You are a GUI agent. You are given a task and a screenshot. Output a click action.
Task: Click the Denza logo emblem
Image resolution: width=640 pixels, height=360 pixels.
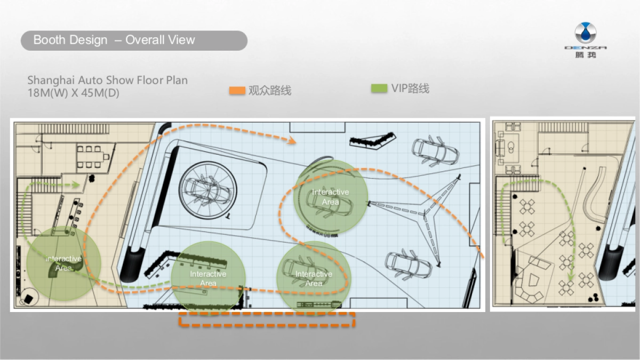click(x=586, y=33)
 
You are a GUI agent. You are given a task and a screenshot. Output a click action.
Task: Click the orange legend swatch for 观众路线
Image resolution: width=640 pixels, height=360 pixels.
click(x=237, y=91)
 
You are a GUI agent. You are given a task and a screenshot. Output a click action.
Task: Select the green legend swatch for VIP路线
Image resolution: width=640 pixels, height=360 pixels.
click(x=379, y=88)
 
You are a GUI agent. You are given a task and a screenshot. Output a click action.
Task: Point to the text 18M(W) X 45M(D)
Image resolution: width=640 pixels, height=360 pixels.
click(x=73, y=93)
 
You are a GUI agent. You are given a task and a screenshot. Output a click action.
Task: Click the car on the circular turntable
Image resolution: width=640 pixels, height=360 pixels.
click(x=207, y=190)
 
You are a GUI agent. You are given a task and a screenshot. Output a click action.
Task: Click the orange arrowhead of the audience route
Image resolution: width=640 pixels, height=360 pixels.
click(x=292, y=140)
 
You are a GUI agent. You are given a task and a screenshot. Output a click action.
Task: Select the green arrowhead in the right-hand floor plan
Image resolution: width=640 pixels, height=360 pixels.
click(x=571, y=276)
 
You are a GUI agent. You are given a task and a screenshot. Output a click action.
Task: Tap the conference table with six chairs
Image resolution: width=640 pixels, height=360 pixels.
click(x=91, y=157)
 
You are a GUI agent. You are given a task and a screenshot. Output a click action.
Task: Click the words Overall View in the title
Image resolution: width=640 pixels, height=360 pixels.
click(x=160, y=39)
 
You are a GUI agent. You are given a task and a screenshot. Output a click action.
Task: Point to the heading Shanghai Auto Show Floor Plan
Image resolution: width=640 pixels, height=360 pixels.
click(x=107, y=81)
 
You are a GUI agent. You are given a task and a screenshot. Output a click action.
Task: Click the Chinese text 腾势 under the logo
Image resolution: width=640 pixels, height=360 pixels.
click(x=586, y=54)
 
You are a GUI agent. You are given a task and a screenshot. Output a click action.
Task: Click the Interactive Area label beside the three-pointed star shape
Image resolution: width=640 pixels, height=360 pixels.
click(x=330, y=197)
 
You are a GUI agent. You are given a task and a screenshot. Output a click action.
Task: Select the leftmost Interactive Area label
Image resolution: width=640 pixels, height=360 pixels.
click(x=63, y=263)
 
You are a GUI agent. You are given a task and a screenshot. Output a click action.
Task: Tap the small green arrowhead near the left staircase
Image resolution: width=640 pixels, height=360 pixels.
click(x=75, y=185)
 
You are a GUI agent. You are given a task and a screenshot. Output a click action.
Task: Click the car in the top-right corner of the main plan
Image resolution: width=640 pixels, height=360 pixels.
click(x=435, y=151)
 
